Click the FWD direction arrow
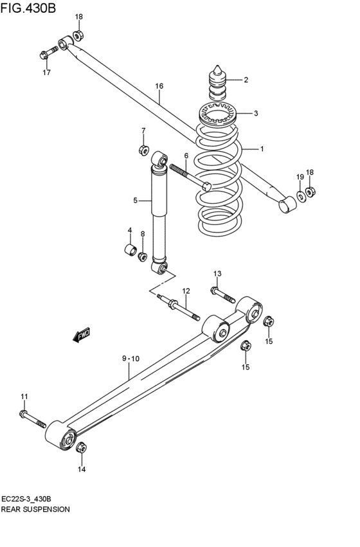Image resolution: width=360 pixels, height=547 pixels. (x=82, y=334)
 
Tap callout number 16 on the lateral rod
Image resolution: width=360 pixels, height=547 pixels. (x=159, y=86)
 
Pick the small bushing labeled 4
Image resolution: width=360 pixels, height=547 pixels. (x=130, y=249)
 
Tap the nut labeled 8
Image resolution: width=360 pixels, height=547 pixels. (x=142, y=256)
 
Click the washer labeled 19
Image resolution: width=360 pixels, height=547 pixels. (x=300, y=196)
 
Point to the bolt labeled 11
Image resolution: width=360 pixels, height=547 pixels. (x=32, y=419)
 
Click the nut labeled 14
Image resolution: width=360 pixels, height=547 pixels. (x=81, y=447)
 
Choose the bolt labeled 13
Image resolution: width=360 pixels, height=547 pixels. (x=222, y=295)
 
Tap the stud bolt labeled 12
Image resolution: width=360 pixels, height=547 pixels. (x=178, y=307)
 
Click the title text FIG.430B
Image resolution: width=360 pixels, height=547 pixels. (x=28, y=7)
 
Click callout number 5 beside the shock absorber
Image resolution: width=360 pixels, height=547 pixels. (x=136, y=201)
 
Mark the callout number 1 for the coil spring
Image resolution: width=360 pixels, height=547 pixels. (x=262, y=149)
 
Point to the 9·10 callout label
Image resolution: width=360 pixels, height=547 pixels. (x=130, y=358)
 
